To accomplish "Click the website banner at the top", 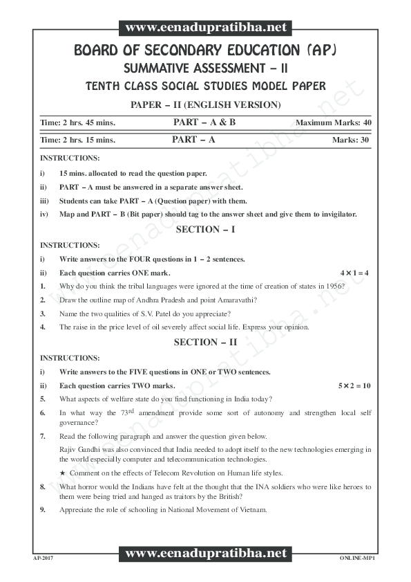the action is [206, 28].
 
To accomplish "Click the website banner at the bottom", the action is [206, 554].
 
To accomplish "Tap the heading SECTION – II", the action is [205, 342].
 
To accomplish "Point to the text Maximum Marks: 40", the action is [334, 122].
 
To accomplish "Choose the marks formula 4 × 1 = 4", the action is [355, 273].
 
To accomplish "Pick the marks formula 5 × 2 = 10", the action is [354, 385].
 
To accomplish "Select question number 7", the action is [43, 437].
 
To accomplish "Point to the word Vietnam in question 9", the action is [252, 511].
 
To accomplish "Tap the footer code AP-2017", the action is [43, 556].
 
